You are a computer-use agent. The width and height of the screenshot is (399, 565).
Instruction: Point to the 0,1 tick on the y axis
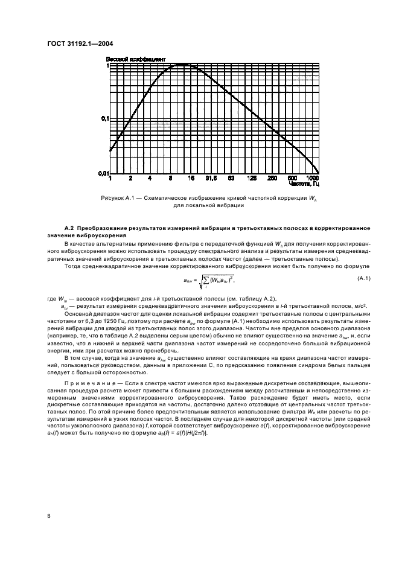tap(103, 119)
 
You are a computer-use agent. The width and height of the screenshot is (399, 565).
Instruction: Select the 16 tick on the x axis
tap(190, 179)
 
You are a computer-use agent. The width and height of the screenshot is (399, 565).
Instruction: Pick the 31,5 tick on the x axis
tap(211, 179)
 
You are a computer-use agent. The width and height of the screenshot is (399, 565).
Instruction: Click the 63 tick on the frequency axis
tap(231, 179)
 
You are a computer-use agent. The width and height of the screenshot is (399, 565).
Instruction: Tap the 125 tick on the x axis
tap(252, 179)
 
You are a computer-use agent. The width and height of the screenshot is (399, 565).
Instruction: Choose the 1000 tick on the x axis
tap(313, 179)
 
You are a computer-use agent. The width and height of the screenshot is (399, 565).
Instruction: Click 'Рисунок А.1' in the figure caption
tap(118, 198)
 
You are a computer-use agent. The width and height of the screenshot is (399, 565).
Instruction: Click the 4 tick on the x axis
tap(150, 179)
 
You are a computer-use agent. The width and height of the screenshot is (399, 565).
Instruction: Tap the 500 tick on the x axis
tap(292, 179)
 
